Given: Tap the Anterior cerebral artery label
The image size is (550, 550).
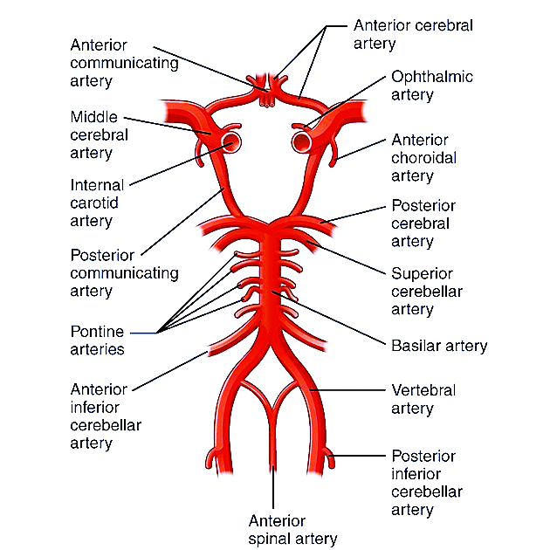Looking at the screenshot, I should pos(413,34).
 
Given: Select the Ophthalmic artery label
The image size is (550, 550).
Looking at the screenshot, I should pos(431,86).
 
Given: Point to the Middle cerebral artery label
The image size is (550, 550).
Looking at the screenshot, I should pos(99,134).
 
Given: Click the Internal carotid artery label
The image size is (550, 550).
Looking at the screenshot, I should pos(96,203).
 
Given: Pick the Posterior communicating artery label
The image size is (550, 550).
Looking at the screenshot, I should pos(124,273).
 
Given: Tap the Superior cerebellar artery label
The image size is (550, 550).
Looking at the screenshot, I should pos(426,291).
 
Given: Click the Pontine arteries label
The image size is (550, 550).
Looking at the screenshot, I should pos(96,340).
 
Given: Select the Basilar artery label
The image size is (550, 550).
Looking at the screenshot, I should pos(438,346).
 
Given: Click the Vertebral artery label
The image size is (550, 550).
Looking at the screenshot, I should pos(423,399).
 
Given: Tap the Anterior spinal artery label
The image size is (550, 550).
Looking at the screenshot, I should pos(292,530).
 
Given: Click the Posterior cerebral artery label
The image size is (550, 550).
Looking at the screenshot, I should pos(423,223).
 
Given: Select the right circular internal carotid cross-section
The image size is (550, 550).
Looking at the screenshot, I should pos(303,141).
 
